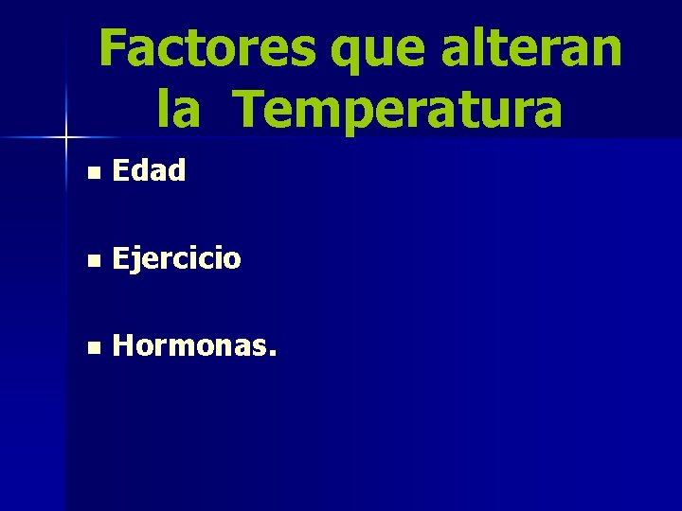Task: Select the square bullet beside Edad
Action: tap(91, 173)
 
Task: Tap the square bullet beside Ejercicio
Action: tap(91, 260)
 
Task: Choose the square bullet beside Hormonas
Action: tap(91, 348)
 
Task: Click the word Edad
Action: tap(149, 170)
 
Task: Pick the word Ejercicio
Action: tap(176, 258)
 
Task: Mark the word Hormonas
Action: tap(189, 346)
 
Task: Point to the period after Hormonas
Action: tap(274, 357)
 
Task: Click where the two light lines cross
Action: tap(66, 138)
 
